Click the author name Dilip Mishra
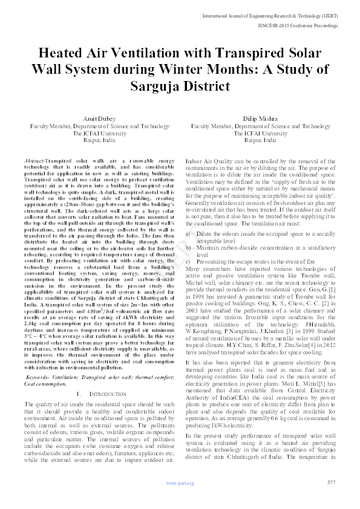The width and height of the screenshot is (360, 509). (x=260, y=119)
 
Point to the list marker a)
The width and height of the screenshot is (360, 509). (x=188, y=233)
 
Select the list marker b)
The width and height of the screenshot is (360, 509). (x=188, y=247)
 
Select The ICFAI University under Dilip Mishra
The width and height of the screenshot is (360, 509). (x=260, y=133)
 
